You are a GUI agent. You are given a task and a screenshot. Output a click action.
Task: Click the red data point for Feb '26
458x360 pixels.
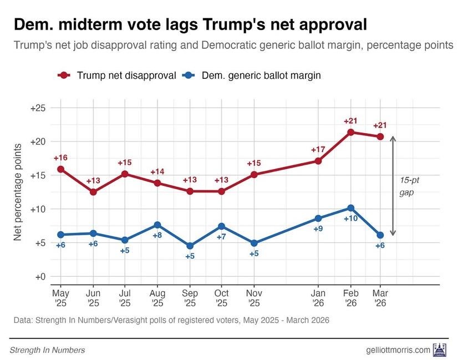pyautogui.click(x=350, y=132)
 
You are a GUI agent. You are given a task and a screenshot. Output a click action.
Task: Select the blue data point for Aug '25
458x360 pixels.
pyautogui.click(x=157, y=225)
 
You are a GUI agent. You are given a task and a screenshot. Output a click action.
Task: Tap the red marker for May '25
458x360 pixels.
pyautogui.click(x=60, y=169)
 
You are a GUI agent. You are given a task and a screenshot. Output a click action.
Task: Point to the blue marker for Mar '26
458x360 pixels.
pyautogui.click(x=380, y=235)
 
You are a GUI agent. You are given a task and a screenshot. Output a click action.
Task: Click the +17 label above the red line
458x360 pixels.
pyautogui.click(x=318, y=149)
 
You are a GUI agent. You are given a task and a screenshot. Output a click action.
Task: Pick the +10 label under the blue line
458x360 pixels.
pyautogui.click(x=350, y=219)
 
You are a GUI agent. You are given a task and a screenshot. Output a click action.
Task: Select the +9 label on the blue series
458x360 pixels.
pyautogui.click(x=318, y=229)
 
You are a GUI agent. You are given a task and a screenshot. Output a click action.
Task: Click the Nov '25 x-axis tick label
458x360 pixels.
pyautogui.click(x=254, y=297)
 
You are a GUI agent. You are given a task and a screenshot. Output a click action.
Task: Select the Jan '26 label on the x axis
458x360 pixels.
pyautogui.click(x=318, y=297)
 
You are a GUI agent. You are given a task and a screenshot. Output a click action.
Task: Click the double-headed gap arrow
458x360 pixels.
pyautogui.click(x=393, y=185)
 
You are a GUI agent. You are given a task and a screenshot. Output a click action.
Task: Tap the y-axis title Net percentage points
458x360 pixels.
pyautogui.click(x=18, y=192)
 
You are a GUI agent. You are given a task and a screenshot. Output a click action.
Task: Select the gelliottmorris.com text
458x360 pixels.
pyautogui.click(x=398, y=350)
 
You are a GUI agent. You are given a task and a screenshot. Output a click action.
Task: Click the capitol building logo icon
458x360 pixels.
pyautogui.click(x=440, y=349)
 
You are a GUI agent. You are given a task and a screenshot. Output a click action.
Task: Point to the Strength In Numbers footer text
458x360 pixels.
pyautogui.click(x=47, y=350)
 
